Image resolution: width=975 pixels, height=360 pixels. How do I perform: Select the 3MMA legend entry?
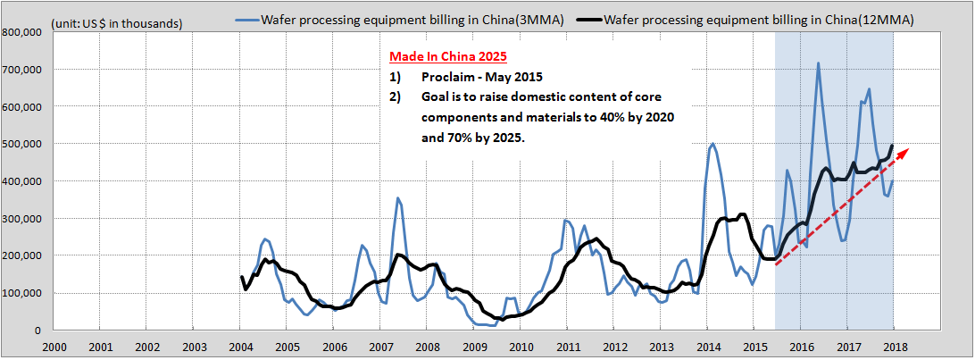point(412,19)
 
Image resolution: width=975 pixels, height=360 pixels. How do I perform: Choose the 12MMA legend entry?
point(750,19)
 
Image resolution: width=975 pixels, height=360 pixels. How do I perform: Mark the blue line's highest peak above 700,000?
point(818,63)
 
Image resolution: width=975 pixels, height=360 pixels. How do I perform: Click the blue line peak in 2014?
point(712,144)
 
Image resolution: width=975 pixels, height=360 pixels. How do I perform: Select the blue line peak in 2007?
point(398,198)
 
